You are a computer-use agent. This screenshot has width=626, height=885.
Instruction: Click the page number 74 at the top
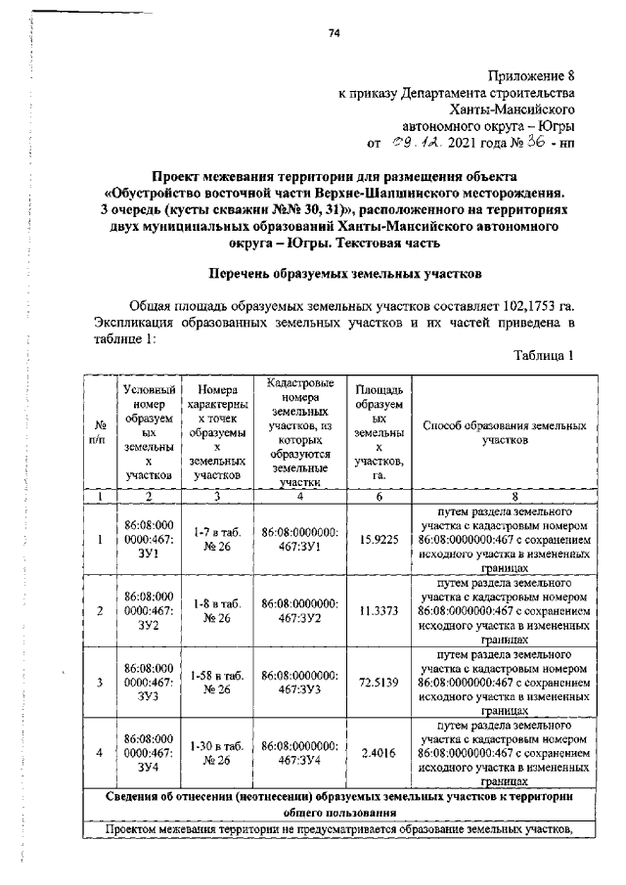tap(334, 33)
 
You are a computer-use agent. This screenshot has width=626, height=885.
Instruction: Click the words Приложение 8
tap(529, 75)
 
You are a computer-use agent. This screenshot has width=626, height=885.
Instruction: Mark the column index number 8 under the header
tap(505, 497)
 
